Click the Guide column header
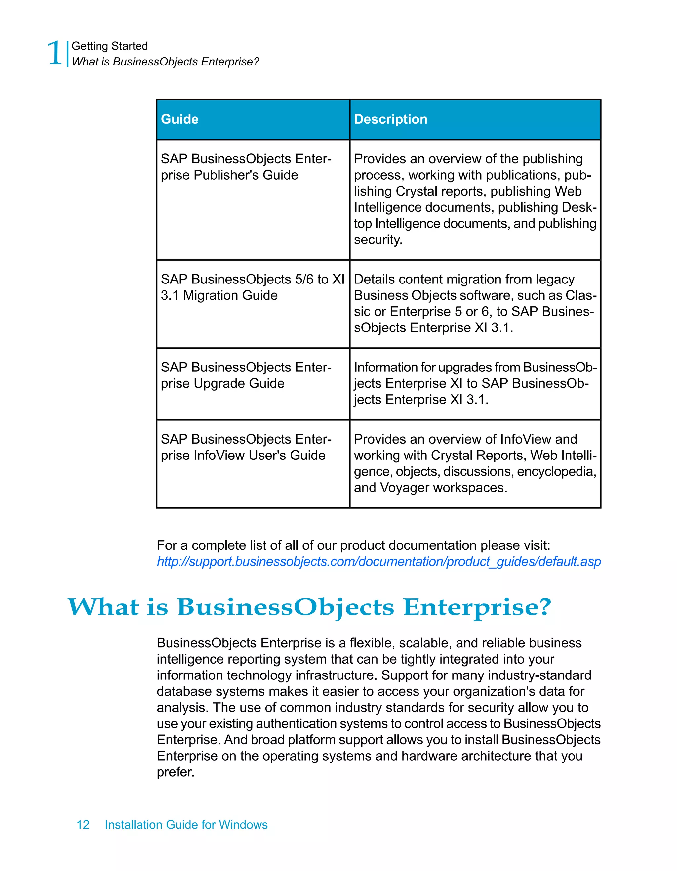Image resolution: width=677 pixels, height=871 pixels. (x=180, y=119)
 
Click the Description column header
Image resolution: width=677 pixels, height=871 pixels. (x=390, y=119)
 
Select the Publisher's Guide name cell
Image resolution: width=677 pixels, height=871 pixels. (x=246, y=167)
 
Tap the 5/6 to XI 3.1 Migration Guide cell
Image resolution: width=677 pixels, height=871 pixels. (x=252, y=287)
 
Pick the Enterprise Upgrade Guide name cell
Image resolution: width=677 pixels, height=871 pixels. (x=246, y=375)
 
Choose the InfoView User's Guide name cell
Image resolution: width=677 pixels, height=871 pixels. (x=246, y=447)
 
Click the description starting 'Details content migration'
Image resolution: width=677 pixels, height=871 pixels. (x=475, y=303)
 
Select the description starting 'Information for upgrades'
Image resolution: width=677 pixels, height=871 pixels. (x=475, y=383)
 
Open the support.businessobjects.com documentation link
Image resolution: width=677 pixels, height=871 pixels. (x=378, y=561)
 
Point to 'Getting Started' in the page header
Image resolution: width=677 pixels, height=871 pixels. (x=109, y=46)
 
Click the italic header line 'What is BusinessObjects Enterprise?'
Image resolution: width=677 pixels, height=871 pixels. (x=165, y=62)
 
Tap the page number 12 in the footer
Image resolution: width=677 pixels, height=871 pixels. (x=83, y=825)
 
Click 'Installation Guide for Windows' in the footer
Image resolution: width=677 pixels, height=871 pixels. (x=186, y=825)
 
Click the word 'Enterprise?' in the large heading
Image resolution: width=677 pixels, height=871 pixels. (x=477, y=607)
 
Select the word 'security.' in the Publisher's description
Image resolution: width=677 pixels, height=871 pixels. (x=378, y=240)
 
